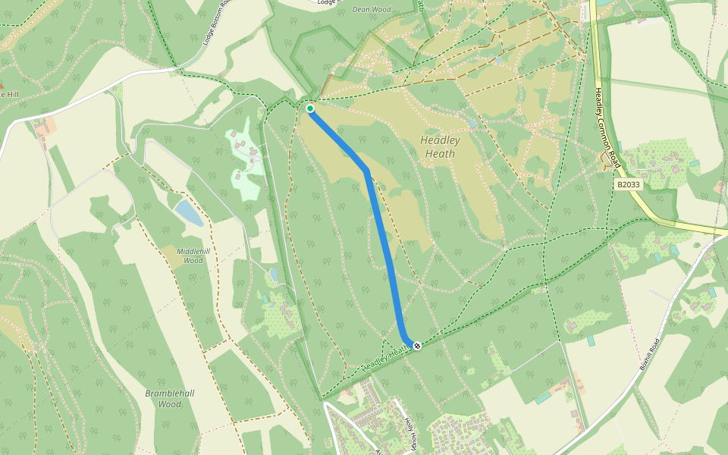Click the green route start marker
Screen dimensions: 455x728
tap(310, 108)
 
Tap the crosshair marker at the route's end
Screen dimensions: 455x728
tap(417, 346)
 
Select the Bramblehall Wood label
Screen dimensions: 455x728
tap(170, 398)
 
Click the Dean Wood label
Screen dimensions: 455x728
tap(371, 10)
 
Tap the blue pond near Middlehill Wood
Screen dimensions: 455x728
tap(188, 212)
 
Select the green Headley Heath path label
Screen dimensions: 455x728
tap(388, 356)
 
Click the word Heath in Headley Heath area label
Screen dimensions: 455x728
tap(440, 154)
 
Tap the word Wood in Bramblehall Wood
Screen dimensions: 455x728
tap(170, 404)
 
